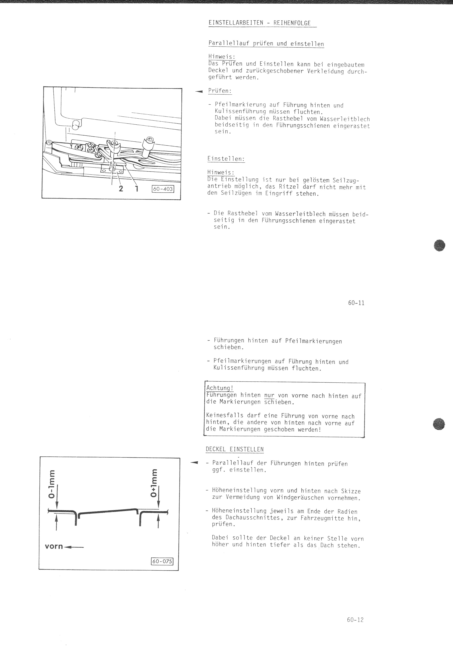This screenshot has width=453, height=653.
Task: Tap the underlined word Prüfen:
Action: coord(220,91)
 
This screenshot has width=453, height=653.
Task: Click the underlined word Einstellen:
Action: coord(226,159)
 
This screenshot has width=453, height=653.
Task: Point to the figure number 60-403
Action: coord(163,189)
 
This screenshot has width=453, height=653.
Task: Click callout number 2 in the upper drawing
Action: coord(121,188)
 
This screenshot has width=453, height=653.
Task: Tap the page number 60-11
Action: coord(356,303)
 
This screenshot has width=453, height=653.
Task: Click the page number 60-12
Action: coord(355,620)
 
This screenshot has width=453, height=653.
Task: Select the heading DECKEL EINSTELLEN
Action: coord(234,449)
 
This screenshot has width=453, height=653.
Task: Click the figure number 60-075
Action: coord(162,561)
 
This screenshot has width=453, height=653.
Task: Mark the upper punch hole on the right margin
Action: coord(439,245)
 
